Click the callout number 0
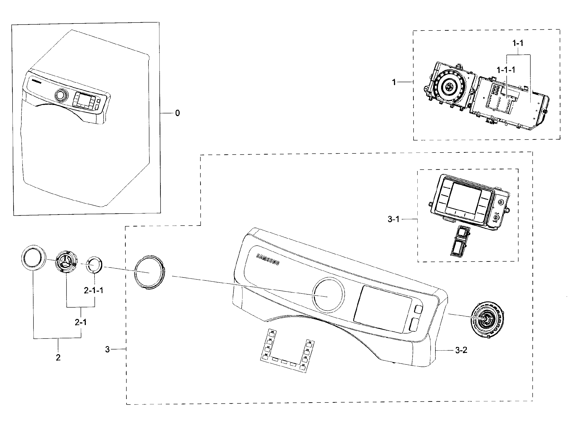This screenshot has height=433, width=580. [x=178, y=113]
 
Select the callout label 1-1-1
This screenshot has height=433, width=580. [x=506, y=70]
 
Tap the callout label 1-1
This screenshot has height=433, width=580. [x=518, y=43]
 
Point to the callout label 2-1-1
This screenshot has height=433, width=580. [x=93, y=290]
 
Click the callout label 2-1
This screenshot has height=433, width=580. [x=80, y=322]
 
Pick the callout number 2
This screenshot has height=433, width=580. [x=58, y=357]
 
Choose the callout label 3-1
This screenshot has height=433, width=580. [x=393, y=219]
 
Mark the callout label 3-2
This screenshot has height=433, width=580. [x=461, y=350]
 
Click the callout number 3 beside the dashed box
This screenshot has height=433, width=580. [x=107, y=349]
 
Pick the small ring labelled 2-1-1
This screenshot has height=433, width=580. [x=94, y=265]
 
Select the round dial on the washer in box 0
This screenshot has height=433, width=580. [x=61, y=96]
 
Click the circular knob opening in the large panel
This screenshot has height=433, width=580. [x=329, y=295]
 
